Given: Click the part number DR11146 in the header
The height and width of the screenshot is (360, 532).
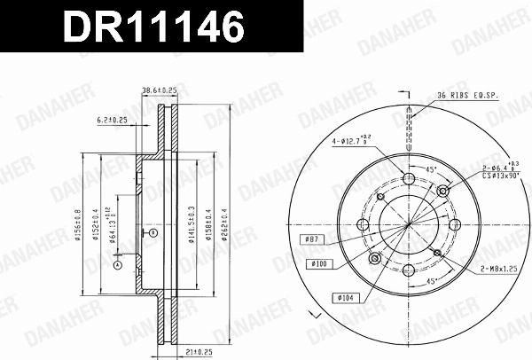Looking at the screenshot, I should pyautogui.click(x=153, y=27).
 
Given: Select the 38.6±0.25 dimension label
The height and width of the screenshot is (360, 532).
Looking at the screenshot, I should pyautogui.click(x=159, y=90).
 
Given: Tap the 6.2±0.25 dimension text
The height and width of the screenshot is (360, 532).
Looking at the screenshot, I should pyautogui.click(x=110, y=120).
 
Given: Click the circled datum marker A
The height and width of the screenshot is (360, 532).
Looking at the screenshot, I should pyautogui.click(x=116, y=262).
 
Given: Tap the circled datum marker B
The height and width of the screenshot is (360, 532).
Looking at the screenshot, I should pyautogui.click(x=153, y=232).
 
